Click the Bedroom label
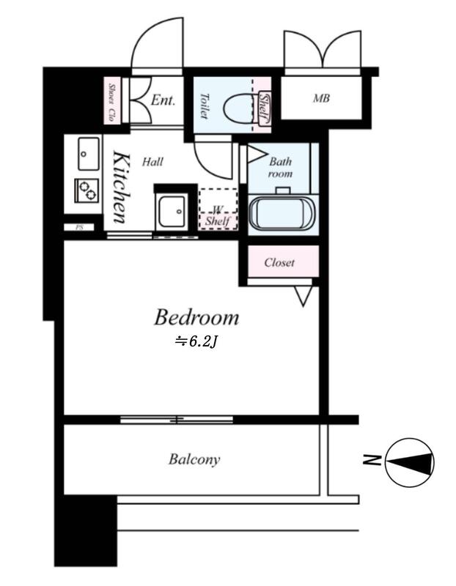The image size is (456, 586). click(x=196, y=317)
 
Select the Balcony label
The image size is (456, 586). click(x=194, y=459)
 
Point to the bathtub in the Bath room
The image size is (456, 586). click(x=283, y=215)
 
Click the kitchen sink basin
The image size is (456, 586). click(x=89, y=154)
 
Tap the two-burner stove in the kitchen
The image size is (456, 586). click(x=87, y=190)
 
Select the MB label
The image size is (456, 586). click(x=321, y=98)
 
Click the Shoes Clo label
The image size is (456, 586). click(x=111, y=102)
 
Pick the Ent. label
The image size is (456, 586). click(x=163, y=100)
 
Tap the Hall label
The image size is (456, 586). click(x=152, y=162)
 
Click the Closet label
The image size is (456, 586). click(x=279, y=262)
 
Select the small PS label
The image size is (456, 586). click(x=79, y=227)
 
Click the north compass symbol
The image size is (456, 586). click(x=410, y=463)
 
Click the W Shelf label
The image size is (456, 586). click(x=218, y=216)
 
